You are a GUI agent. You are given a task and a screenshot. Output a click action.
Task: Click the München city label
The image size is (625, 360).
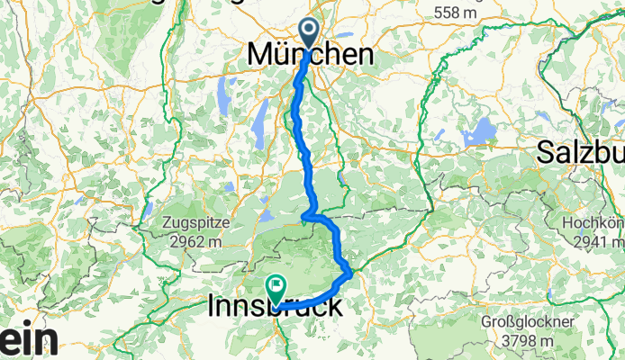(310, 55)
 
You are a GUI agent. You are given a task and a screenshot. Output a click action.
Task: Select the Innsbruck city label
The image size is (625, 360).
(275, 307)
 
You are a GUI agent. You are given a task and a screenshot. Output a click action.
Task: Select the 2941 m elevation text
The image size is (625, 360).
(599, 240)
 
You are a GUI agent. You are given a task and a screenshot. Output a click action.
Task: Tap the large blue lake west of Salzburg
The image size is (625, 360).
(480, 131)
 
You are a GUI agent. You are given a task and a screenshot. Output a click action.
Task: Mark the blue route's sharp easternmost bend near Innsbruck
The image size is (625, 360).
(349, 271)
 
